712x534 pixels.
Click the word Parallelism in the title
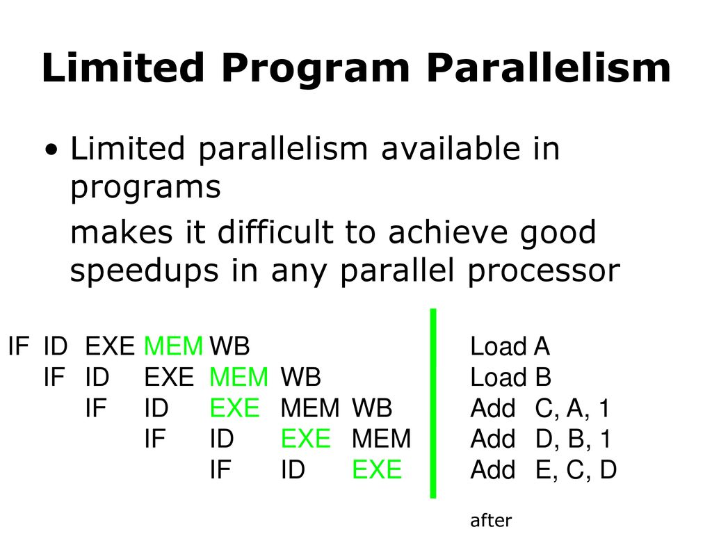click(549, 67)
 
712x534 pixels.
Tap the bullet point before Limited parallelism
click(52, 150)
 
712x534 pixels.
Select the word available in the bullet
click(450, 149)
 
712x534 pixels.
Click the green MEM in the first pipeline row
click(173, 346)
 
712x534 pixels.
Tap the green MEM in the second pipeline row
click(239, 378)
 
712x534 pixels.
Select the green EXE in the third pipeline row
click(235, 408)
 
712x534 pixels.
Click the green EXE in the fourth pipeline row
click(306, 439)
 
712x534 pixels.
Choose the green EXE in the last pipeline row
click(377, 469)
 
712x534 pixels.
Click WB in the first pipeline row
click(229, 346)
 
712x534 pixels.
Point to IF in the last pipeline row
click(220, 469)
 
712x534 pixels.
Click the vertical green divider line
click(433, 404)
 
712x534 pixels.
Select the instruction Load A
click(510, 346)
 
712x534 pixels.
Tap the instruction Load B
click(511, 378)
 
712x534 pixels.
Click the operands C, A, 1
click(572, 408)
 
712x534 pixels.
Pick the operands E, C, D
click(576, 470)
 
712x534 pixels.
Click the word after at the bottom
click(491, 520)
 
